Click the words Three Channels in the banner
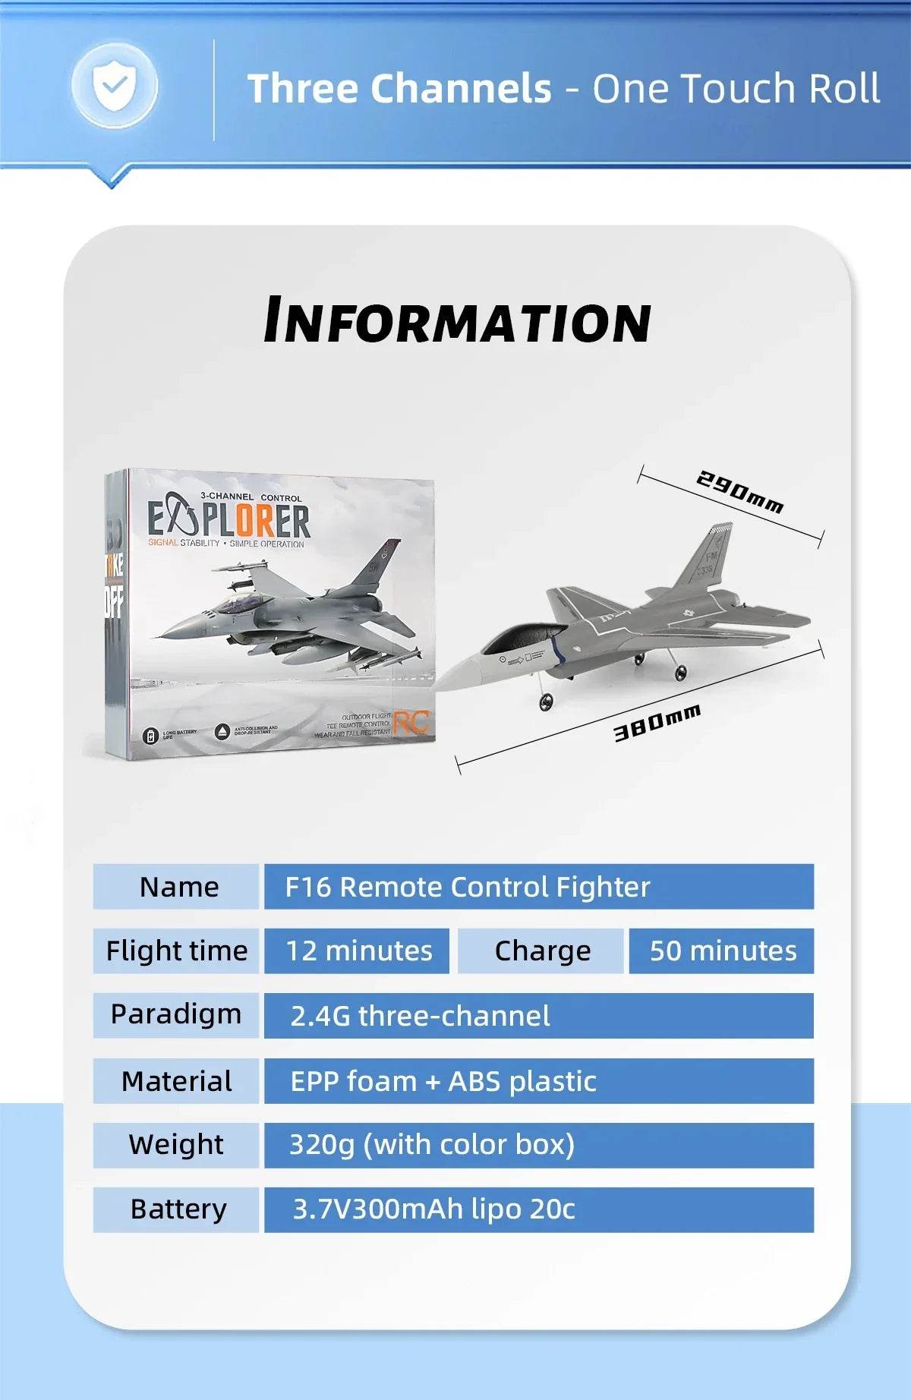tap(399, 89)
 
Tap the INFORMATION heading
tap(457, 321)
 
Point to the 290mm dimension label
tap(739, 492)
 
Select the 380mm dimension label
tap(657, 722)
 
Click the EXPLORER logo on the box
tap(229, 521)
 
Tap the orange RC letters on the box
tap(411, 723)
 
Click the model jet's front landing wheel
tap(546, 703)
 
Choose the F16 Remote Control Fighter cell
tap(538, 887)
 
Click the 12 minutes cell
tap(357, 951)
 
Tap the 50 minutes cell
tap(721, 951)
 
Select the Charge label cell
tap(541, 951)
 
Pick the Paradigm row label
tap(176, 1015)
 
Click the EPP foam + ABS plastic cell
tap(538, 1081)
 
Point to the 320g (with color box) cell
tap(538, 1145)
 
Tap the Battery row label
tap(177, 1209)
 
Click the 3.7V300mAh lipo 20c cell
tap(538, 1209)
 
